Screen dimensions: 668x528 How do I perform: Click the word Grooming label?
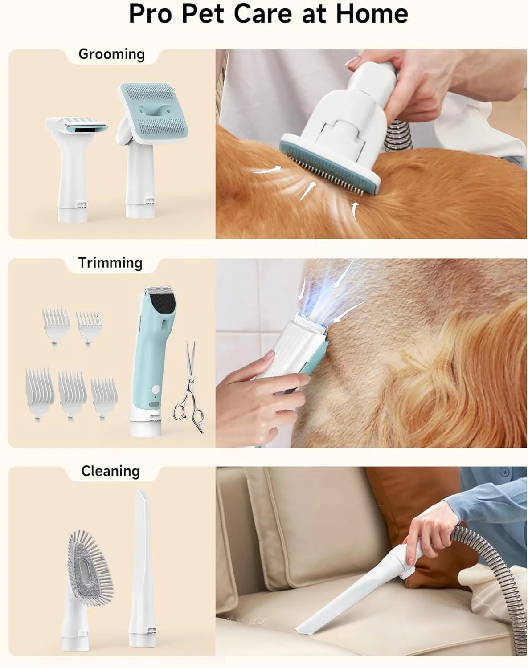click(111, 54)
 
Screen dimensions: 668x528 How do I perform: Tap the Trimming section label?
click(110, 263)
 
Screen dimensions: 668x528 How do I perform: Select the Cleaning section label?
click(111, 471)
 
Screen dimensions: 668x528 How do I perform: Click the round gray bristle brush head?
click(89, 566)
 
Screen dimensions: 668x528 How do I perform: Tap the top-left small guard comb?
click(56, 321)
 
